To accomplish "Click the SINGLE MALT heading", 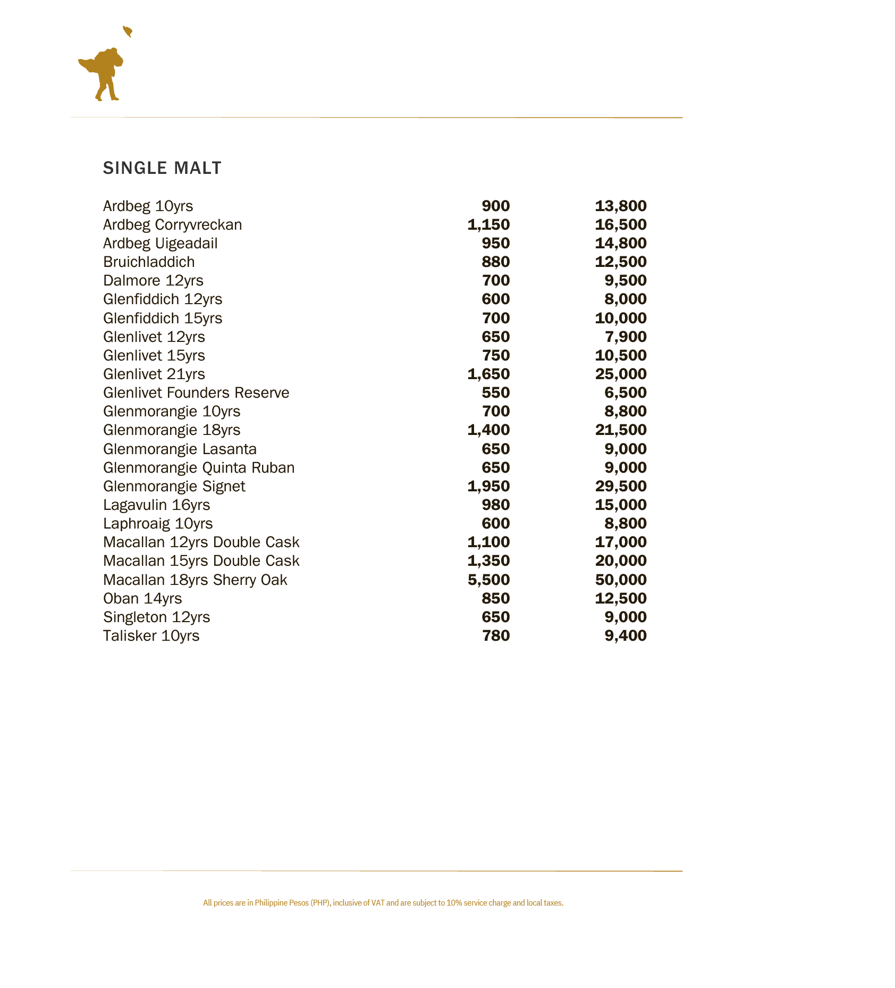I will click(162, 168).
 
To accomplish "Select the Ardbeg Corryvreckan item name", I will click(172, 225).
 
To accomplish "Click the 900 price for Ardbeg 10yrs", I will click(495, 206).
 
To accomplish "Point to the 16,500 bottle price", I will click(620, 225).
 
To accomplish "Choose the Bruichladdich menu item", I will click(149, 262).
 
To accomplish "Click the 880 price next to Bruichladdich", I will click(495, 262).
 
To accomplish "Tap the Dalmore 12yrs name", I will click(153, 281).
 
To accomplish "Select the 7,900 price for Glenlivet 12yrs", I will click(625, 337).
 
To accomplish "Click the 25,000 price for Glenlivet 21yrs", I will click(620, 374).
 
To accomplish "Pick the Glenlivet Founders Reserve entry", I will click(196, 393).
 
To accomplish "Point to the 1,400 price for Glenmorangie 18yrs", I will click(488, 430).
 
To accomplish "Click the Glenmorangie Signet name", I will click(174, 487).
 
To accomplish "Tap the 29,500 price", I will click(620, 487).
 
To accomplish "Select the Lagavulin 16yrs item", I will click(156, 505).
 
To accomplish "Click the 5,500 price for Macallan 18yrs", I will click(488, 580).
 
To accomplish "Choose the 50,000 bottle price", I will click(620, 580).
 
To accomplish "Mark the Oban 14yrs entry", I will click(142, 599).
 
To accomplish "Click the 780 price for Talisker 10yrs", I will click(495, 636).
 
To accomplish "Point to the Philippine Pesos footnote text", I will click(383, 903).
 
